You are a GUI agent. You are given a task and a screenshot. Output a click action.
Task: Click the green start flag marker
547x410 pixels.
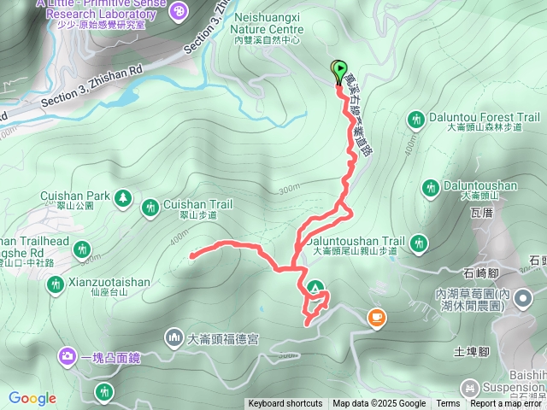coord(338,70)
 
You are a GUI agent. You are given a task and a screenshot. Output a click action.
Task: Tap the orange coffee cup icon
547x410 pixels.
coord(375,318)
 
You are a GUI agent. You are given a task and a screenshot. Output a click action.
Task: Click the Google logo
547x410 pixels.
coord(32,398)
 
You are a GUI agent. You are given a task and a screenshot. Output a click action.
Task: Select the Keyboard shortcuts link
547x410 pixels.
coord(285,404)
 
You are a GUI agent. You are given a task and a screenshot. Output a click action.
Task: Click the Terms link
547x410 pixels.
coord(448,404)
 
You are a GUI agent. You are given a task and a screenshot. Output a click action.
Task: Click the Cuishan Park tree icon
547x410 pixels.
coord(122,197)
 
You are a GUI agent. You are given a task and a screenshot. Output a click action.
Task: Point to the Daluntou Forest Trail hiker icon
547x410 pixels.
coord(416,119)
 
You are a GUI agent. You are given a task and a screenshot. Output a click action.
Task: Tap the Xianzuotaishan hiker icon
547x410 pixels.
coord(56,283)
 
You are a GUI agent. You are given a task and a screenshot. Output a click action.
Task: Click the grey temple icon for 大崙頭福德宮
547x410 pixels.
coord(174,337)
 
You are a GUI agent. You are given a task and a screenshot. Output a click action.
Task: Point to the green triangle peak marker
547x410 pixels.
coord(316,287)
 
